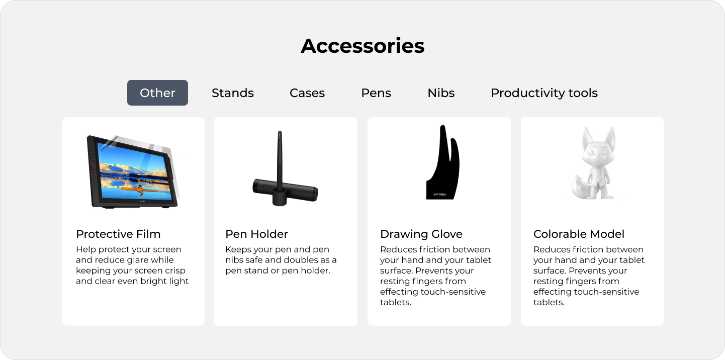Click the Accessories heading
(362, 46)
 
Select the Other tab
(157, 93)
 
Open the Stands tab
(233, 93)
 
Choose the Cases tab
(307, 93)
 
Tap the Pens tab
(376, 93)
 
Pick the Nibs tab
(441, 93)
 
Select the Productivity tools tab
(544, 93)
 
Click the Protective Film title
(118, 234)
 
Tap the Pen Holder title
(256, 234)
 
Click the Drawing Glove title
(421, 234)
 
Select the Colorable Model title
(579, 234)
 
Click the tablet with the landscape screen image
(132, 171)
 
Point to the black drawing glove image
(443, 162)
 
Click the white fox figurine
(593, 163)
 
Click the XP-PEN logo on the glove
(439, 195)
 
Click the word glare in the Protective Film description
(144, 260)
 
